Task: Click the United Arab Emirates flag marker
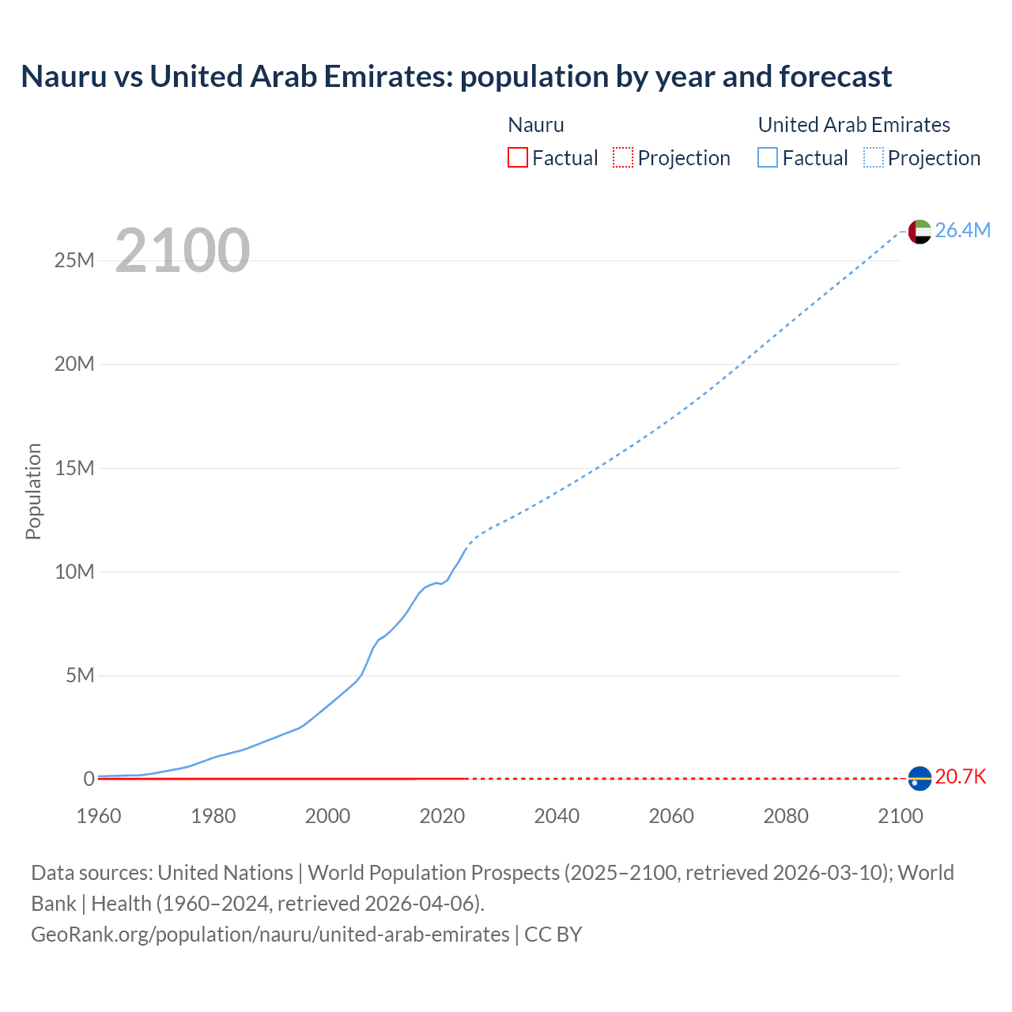point(919,232)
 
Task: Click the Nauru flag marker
point(919,779)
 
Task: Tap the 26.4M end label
point(962,230)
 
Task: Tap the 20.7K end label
point(961,776)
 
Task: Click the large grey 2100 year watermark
point(183,251)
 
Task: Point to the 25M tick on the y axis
point(74,260)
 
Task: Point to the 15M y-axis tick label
point(74,468)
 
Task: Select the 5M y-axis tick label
point(80,675)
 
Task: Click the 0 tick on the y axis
point(89,779)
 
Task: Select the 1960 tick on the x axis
point(99,816)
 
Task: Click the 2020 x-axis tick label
point(442,816)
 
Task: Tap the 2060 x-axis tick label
point(671,816)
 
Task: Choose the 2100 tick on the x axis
point(900,816)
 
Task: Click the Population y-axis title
point(33,491)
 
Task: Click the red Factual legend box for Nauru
point(518,158)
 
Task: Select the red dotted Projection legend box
point(623,158)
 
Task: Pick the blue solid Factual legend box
point(768,158)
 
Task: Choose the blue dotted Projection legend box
point(873,158)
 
